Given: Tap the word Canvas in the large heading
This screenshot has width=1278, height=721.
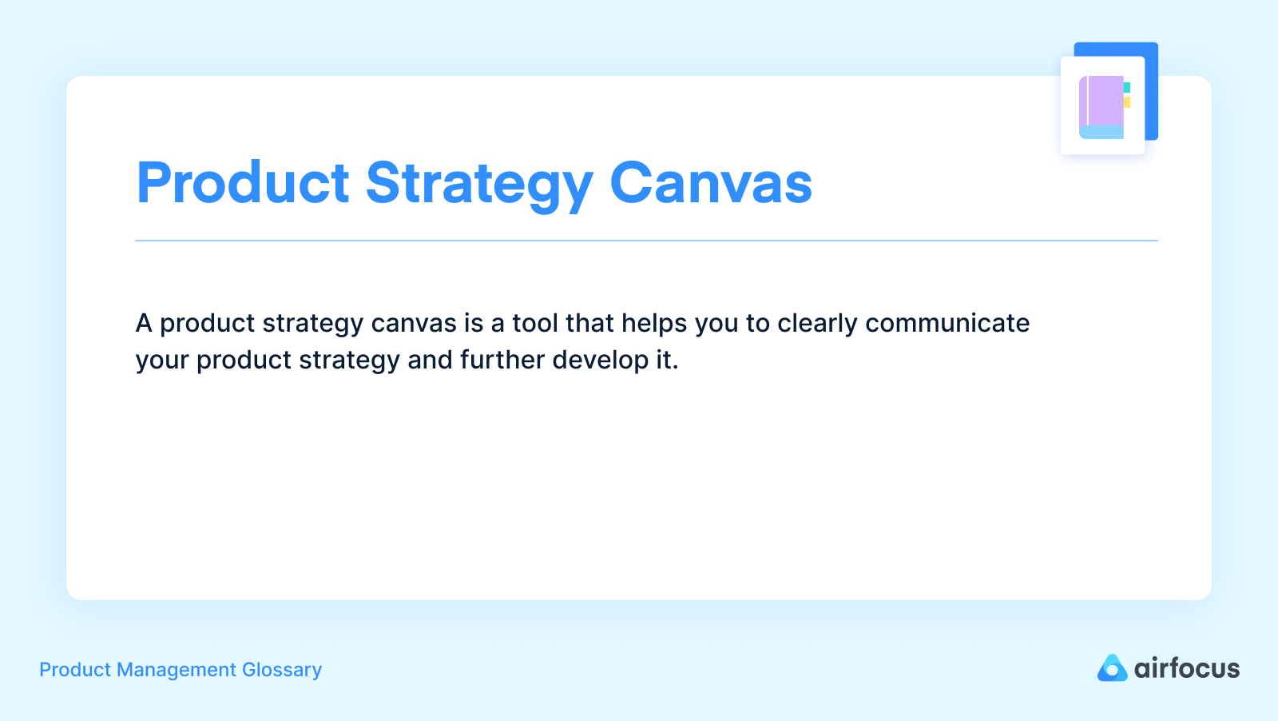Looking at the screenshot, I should (711, 184).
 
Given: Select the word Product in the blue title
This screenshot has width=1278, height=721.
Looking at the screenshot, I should (243, 184).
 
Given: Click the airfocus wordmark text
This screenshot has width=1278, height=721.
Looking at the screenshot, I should (1187, 668).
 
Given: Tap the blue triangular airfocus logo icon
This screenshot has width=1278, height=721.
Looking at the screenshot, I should (1112, 668).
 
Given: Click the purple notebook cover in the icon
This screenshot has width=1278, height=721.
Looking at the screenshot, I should (1105, 101).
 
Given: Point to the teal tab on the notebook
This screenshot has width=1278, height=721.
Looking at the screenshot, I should (1127, 87).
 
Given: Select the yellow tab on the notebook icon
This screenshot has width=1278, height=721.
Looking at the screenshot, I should (1127, 102).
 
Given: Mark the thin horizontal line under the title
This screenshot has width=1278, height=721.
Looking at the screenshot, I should (646, 241).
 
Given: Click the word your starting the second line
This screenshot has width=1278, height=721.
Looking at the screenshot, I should (162, 360).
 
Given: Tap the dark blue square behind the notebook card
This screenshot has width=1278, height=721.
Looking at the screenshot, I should (1151, 88).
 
